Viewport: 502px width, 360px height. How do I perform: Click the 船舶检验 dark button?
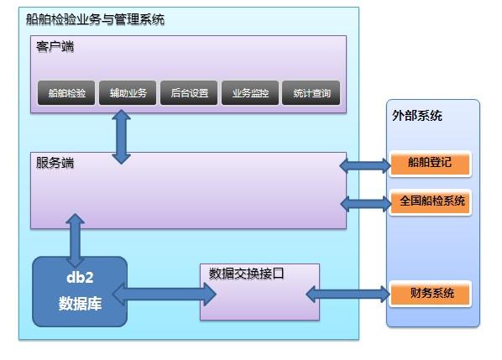pos(66,93)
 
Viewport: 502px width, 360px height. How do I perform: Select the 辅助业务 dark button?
pos(128,93)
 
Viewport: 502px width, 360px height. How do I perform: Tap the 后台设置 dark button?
pos(189,93)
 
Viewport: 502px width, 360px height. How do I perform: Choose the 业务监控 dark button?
pos(250,93)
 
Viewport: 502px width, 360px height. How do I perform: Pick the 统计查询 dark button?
pos(311,93)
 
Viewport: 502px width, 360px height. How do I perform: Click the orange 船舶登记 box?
pos(430,164)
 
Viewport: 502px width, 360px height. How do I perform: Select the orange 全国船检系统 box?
pos(430,202)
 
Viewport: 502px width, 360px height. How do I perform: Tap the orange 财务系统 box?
pos(430,294)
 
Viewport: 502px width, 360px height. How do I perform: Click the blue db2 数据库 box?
pos(80,291)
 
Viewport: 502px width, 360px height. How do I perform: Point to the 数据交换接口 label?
pos(246,274)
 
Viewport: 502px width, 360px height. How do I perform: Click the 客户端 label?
pos(55,47)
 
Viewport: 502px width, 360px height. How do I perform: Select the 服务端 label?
pos(55,163)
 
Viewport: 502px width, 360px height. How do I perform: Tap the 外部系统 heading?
pos(417,116)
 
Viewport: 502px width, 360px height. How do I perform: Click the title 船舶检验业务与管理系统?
pos(95,19)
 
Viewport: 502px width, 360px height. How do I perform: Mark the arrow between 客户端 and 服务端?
pos(122,137)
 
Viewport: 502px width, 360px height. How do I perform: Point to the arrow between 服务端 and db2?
pos(76,240)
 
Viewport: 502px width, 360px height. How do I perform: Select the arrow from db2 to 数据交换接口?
pos(165,294)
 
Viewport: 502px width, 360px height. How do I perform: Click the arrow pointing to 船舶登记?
pos(365,166)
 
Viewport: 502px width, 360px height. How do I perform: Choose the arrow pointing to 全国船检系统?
pos(366,204)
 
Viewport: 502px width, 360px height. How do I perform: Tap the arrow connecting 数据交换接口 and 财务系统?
pos(348,294)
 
